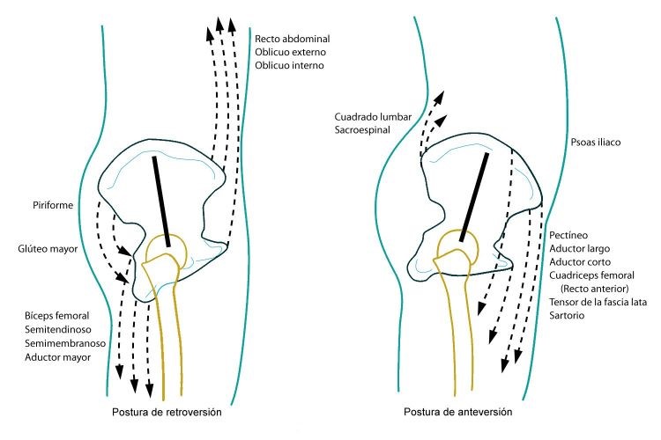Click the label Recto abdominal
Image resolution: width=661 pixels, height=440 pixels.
click(292, 39)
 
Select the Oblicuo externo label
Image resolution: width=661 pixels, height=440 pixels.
click(291, 52)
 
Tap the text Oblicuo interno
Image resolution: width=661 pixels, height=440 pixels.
click(289, 65)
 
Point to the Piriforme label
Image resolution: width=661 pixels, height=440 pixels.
click(53, 205)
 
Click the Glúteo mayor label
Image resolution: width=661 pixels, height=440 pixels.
click(48, 249)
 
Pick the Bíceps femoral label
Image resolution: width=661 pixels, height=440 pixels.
click(57, 316)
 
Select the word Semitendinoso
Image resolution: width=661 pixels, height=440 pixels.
click(58, 329)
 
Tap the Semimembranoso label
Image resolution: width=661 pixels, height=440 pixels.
click(65, 343)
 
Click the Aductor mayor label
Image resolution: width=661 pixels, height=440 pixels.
click(58, 357)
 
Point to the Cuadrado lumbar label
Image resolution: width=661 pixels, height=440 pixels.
click(373, 117)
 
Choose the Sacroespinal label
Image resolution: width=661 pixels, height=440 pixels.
click(362, 130)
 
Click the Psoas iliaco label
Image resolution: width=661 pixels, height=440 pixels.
click(596, 143)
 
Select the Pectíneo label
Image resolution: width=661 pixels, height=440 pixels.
click(568, 235)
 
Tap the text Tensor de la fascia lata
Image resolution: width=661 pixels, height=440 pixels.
click(598, 302)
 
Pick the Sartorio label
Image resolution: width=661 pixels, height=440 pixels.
click(567, 315)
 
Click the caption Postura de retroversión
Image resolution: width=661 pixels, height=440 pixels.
click(167, 412)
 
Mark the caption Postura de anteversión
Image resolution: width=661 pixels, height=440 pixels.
click(457, 412)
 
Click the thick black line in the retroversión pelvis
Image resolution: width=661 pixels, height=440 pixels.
click(161, 202)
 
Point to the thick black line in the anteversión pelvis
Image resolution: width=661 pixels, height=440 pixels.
click(474, 197)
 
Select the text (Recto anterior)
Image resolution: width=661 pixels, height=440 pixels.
click(594, 289)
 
